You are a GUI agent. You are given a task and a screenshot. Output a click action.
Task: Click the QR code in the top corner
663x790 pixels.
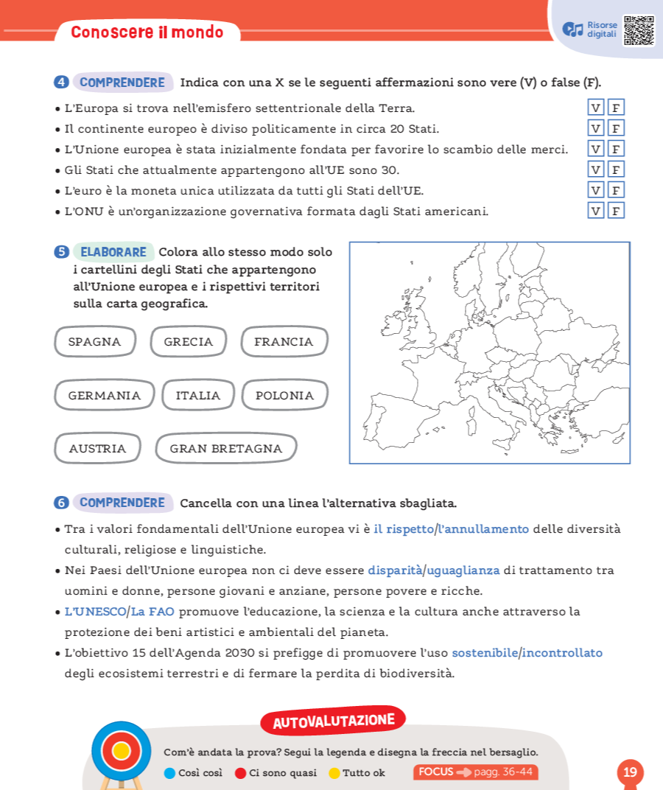tap(639, 31)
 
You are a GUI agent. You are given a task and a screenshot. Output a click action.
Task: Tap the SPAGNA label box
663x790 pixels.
tap(95, 342)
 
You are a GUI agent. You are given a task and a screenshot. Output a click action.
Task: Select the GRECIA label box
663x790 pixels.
tap(189, 342)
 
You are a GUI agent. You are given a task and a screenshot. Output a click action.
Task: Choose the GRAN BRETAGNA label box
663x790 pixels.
tap(226, 449)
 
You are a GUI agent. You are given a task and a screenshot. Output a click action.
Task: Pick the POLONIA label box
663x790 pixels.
tap(285, 396)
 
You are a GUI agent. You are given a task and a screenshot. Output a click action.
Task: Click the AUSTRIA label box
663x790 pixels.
tap(98, 449)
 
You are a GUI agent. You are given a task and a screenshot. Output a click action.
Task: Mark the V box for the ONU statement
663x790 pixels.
tap(595, 211)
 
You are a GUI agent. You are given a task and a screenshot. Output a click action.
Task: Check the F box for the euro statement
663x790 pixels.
tap(617, 190)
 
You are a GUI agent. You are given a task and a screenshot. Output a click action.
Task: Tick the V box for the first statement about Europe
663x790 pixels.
tap(595, 108)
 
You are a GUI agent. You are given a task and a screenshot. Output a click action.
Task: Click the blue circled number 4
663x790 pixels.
tap(61, 83)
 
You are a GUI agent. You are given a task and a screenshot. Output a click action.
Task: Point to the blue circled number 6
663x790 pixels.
tap(61, 503)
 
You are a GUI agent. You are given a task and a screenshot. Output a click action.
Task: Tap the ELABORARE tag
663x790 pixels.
tap(113, 252)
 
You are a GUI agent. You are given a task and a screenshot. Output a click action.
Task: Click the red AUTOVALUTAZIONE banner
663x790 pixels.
tap(333, 721)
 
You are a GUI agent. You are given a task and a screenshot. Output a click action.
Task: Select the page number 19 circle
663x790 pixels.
tap(630, 772)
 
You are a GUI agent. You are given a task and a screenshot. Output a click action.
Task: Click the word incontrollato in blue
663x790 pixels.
tap(563, 653)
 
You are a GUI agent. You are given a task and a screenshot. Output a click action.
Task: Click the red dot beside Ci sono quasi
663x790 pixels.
tap(240, 773)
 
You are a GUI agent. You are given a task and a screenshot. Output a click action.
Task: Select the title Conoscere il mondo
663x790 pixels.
tap(147, 32)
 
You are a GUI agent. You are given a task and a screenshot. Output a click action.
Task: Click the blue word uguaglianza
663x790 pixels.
tap(463, 570)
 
